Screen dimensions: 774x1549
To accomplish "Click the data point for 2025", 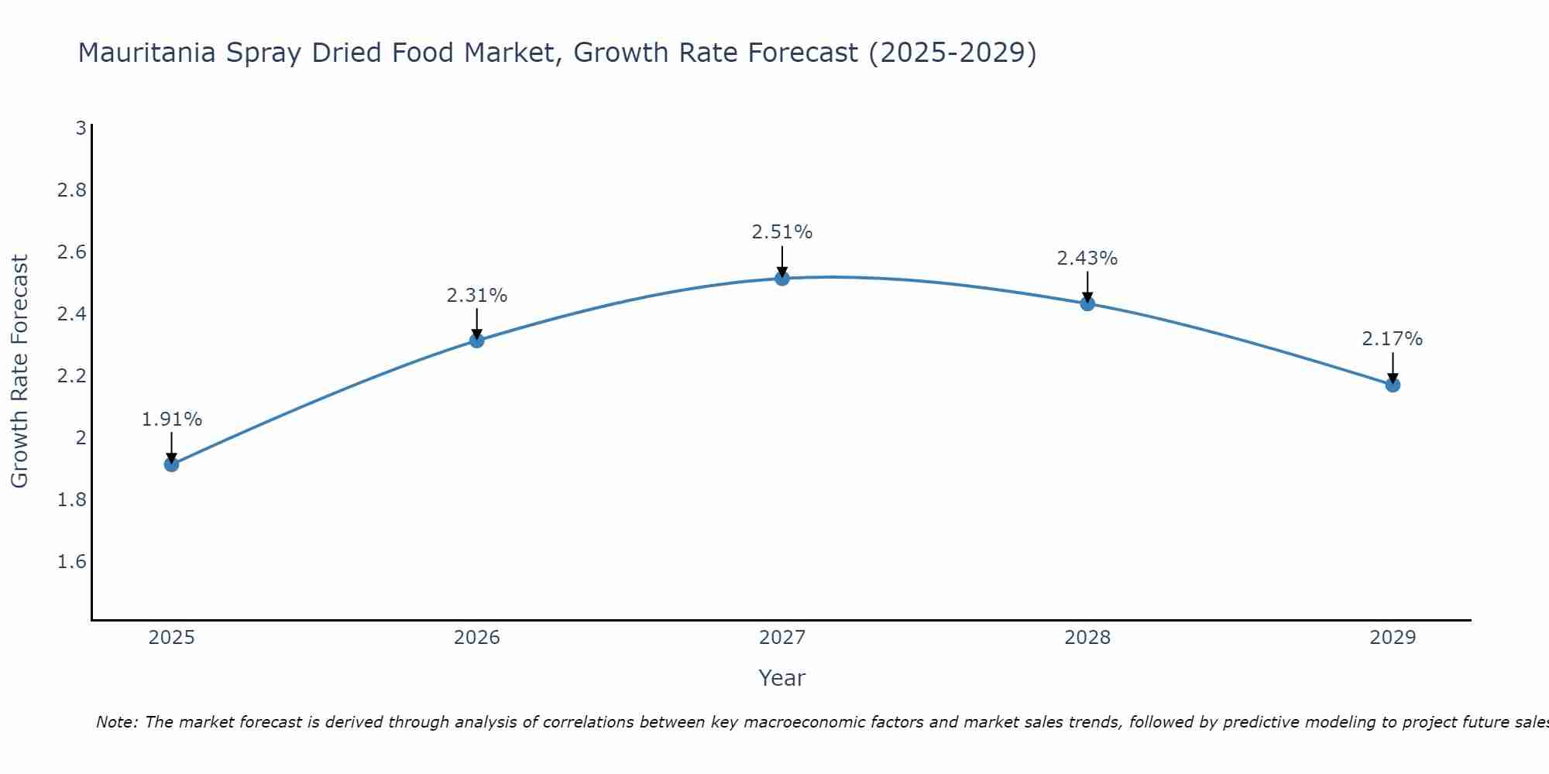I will [172, 464].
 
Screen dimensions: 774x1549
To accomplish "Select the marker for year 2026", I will [477, 341].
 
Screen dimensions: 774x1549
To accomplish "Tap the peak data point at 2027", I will [782, 278].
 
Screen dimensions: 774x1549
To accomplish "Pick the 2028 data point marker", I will [1087, 303].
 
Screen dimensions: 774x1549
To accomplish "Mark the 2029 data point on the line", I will [1393, 385].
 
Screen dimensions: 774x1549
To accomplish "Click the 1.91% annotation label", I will [172, 420].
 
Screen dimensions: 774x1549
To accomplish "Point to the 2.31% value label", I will [477, 296].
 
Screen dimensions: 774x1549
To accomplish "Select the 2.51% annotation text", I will [782, 232].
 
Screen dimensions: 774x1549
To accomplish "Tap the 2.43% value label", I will [1087, 259].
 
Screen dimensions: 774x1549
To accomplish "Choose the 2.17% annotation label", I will [1393, 339].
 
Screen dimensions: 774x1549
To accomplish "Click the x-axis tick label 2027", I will [782, 638].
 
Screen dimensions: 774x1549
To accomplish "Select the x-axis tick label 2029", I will [1393, 638].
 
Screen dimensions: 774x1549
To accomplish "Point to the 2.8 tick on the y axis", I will [71, 190].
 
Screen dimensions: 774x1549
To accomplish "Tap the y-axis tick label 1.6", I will [71, 561].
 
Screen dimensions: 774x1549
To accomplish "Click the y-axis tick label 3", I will [81, 128].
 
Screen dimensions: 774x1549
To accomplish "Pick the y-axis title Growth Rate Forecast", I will [19, 372].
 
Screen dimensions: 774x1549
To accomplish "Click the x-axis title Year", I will [782, 678].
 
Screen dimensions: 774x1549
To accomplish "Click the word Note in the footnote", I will [116, 722].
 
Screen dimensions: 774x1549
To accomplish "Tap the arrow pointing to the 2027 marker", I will [782, 262].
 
